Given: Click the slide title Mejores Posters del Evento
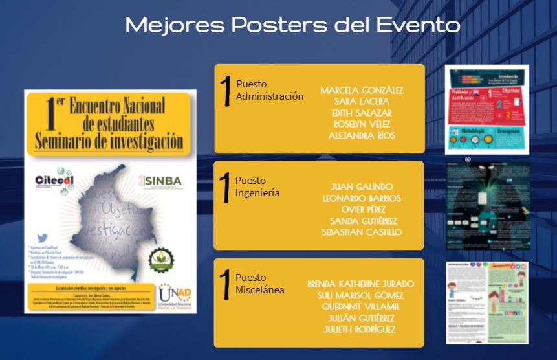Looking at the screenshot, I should tap(292, 25).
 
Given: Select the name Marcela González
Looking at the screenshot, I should tap(361, 90).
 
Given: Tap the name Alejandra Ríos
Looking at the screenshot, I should tap(361, 135).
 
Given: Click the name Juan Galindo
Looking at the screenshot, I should tap(361, 186).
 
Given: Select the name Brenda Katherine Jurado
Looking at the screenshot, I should tap(361, 284).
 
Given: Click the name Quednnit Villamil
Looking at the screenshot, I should tap(361, 306).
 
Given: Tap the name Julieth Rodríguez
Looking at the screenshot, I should tap(361, 330).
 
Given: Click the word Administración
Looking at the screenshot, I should tap(270, 96).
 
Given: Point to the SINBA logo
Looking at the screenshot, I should tap(164, 181).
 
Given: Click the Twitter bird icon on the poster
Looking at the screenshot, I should tap(42, 238).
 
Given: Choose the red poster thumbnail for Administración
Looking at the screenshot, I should tap(487, 108).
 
